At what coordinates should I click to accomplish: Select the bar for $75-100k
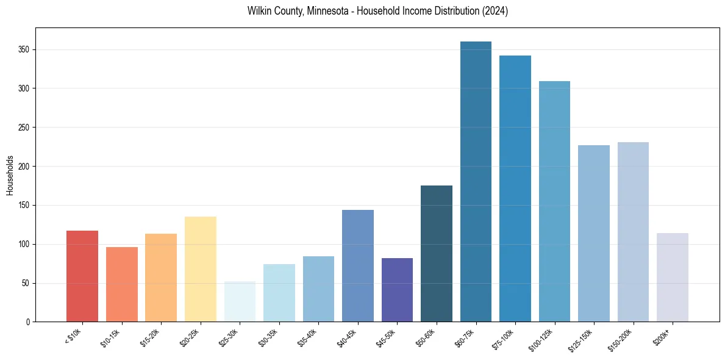[x=515, y=189]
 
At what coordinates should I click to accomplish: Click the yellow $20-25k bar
[x=201, y=269]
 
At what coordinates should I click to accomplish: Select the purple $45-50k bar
[x=397, y=290]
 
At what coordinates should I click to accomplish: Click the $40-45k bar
[x=358, y=265]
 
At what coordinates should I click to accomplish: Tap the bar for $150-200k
[x=633, y=232]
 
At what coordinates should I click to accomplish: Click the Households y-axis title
[x=10, y=175]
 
